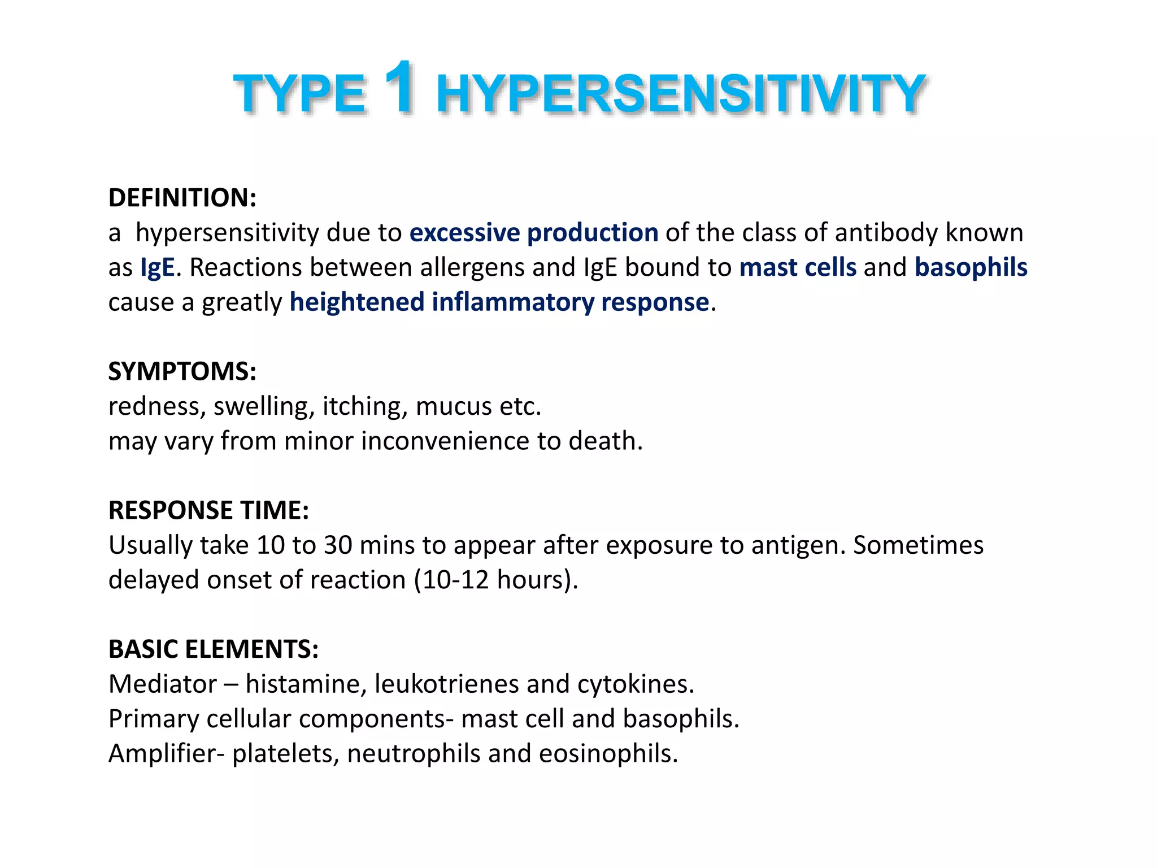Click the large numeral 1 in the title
(399, 88)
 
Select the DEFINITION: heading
(182, 198)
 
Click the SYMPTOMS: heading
(182, 371)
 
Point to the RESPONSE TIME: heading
(208, 510)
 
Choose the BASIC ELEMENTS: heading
(213, 649)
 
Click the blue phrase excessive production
(533, 233)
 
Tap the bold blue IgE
(158, 267)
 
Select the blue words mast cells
(797, 267)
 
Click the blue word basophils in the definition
(971, 267)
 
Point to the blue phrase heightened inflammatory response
(499, 302)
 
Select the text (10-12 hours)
(496, 580)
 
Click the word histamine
(305, 684)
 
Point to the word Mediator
(162, 684)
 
